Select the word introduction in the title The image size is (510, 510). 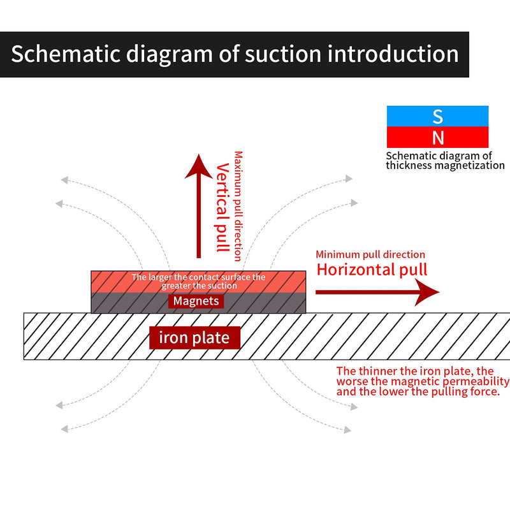tap(393, 54)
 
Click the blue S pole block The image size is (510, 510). tap(437, 116)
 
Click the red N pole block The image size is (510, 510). tap(437, 137)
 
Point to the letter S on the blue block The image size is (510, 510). tap(438, 117)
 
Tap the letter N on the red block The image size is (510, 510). tap(438, 138)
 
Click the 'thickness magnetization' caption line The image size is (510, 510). tap(445, 166)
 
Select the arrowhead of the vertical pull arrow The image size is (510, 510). tap(199, 167)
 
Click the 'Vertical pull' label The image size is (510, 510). tap(222, 208)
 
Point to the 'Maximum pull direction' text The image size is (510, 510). tap(238, 206)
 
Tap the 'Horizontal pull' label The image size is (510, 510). tap(372, 270)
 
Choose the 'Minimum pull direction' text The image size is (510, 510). tap(370, 254)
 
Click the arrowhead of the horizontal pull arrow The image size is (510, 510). tap(426, 292)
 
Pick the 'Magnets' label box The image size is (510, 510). tap(196, 301)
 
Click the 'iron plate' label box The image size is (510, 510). tap(194, 338)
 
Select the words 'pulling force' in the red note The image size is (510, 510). tap(466, 392)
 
